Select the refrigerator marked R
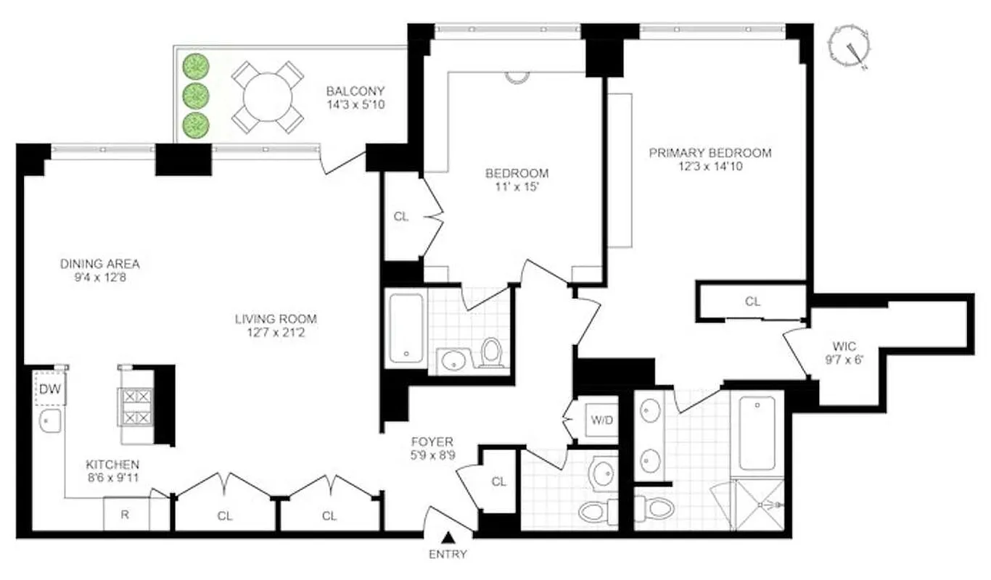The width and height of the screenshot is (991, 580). tap(125, 515)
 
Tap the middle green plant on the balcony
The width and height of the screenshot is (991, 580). tap(194, 95)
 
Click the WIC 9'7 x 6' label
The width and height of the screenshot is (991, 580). tap(840, 352)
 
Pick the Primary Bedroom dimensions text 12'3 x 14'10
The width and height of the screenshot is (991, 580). tap(709, 166)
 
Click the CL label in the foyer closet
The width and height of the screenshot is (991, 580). tap(498, 481)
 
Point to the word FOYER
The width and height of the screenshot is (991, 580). tap(432, 442)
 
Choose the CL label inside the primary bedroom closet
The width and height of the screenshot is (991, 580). tap(752, 302)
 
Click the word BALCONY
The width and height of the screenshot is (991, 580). tap(355, 91)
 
